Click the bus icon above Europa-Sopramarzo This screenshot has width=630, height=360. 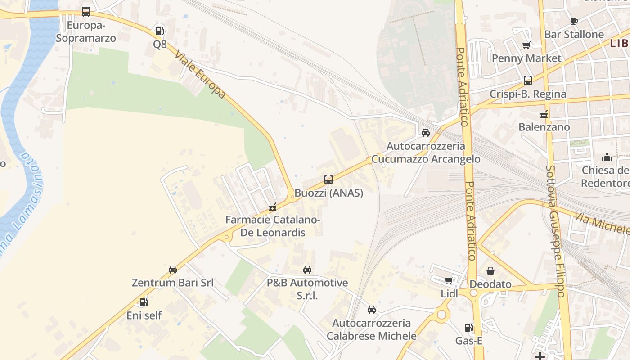(x=85, y=12)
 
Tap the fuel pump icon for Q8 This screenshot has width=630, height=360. (x=159, y=31)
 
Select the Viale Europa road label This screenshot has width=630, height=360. (x=200, y=75)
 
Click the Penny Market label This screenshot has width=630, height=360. (x=526, y=58)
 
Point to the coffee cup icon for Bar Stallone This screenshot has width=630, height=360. (x=574, y=21)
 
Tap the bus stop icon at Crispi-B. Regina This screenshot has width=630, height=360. (x=528, y=81)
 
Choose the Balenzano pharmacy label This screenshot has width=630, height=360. (x=544, y=127)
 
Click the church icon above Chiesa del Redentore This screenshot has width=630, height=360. (x=607, y=157)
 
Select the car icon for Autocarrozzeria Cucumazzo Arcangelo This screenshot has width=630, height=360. (x=425, y=133)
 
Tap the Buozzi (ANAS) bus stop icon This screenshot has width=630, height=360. (x=328, y=180)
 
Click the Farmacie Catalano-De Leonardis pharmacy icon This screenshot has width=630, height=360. (x=272, y=207)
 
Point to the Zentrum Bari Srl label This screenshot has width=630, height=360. (x=172, y=283)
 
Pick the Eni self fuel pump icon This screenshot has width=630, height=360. (x=144, y=302)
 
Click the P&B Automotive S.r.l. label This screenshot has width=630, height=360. (x=307, y=288)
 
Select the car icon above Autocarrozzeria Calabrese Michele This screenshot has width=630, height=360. (x=372, y=310)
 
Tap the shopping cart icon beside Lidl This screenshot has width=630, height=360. (x=449, y=281)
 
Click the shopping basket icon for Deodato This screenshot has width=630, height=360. (x=490, y=271)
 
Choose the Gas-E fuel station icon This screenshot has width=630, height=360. (x=468, y=328)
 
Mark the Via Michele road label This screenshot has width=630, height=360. (x=601, y=224)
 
